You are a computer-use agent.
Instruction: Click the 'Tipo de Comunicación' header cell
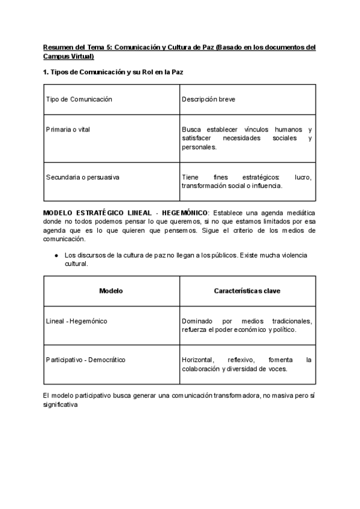79,99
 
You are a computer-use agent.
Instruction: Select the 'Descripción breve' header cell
208,99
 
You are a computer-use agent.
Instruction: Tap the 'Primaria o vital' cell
68,130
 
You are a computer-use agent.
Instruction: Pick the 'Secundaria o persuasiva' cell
83,177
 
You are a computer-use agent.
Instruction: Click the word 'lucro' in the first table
303,177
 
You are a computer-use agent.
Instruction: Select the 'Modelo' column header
111,291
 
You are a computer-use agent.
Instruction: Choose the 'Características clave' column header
247,291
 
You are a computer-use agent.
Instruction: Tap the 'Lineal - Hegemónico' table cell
77,321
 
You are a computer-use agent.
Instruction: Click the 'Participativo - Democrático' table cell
85,360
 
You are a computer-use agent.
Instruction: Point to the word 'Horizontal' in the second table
197,360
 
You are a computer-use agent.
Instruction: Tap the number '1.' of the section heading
47,73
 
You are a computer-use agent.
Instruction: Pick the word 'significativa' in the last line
61,405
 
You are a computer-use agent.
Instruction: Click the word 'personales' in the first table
197,147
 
